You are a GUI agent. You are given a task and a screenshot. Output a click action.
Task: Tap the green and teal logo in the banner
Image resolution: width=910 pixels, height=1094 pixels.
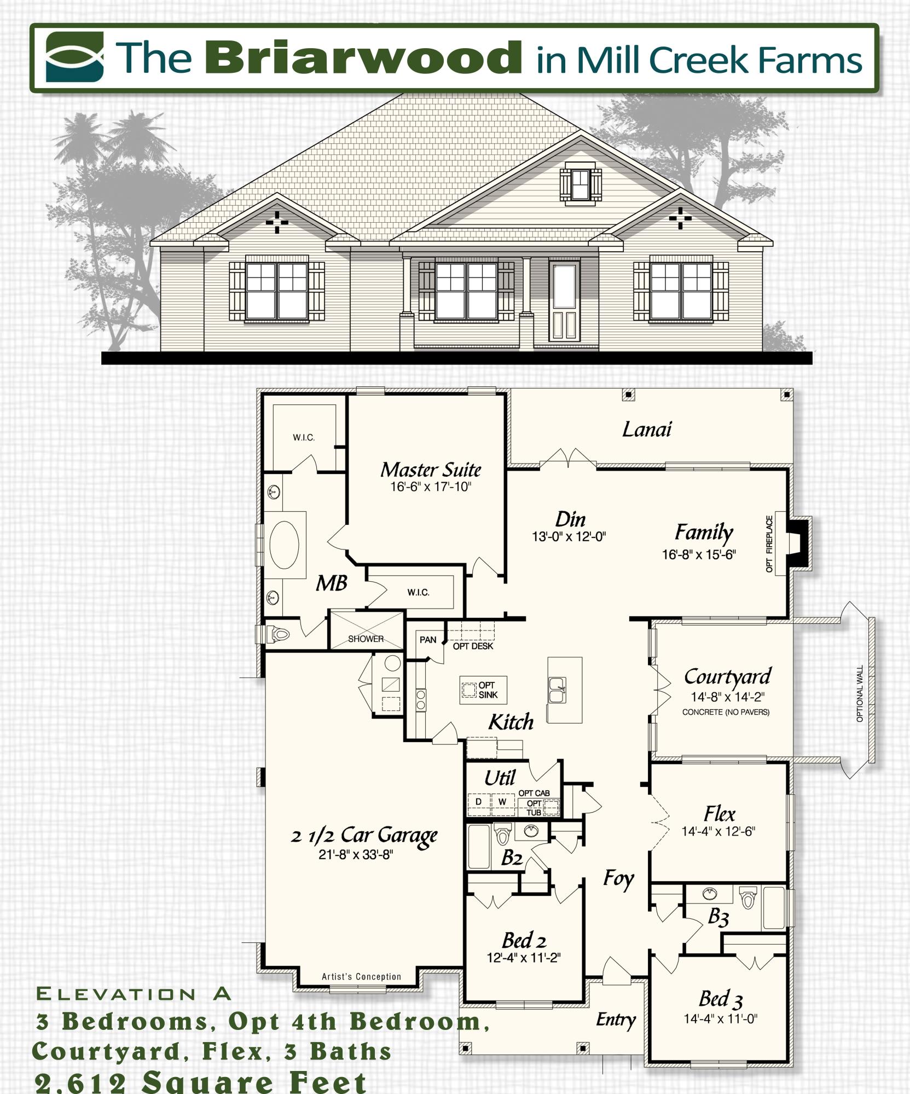(74, 56)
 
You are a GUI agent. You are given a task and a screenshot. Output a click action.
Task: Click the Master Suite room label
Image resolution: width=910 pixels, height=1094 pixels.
(431, 470)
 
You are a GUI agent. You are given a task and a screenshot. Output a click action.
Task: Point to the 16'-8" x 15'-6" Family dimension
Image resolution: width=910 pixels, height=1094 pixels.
(699, 554)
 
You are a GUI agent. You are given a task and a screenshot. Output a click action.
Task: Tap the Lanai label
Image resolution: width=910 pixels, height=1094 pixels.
(647, 430)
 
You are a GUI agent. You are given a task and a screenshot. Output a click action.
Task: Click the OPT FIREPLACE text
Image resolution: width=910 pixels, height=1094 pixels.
(769, 544)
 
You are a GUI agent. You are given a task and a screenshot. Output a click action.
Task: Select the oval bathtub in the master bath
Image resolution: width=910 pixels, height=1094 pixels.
(284, 544)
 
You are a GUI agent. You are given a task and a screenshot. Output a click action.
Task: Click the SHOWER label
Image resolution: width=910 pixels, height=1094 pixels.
(366, 639)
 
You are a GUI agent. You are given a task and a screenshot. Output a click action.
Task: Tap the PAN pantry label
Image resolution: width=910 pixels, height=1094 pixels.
(428, 639)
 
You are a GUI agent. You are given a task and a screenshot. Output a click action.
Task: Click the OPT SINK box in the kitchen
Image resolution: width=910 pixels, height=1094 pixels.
(483, 690)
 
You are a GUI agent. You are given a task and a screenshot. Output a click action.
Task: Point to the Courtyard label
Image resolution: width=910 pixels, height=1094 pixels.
(727, 676)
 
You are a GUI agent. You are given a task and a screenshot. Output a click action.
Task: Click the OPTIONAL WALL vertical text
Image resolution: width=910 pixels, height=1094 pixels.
(860, 693)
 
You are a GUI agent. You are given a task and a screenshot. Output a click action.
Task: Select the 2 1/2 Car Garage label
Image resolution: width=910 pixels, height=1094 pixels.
(364, 835)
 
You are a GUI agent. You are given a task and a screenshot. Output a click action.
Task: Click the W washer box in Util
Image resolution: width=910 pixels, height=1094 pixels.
(502, 802)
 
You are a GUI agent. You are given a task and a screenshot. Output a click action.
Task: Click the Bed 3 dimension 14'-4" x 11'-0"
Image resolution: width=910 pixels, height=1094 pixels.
(720, 1018)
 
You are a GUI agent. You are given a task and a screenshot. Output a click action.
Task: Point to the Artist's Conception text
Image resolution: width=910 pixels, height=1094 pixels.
(361, 976)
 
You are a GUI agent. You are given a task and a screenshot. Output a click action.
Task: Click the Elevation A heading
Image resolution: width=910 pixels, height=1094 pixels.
(134, 993)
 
